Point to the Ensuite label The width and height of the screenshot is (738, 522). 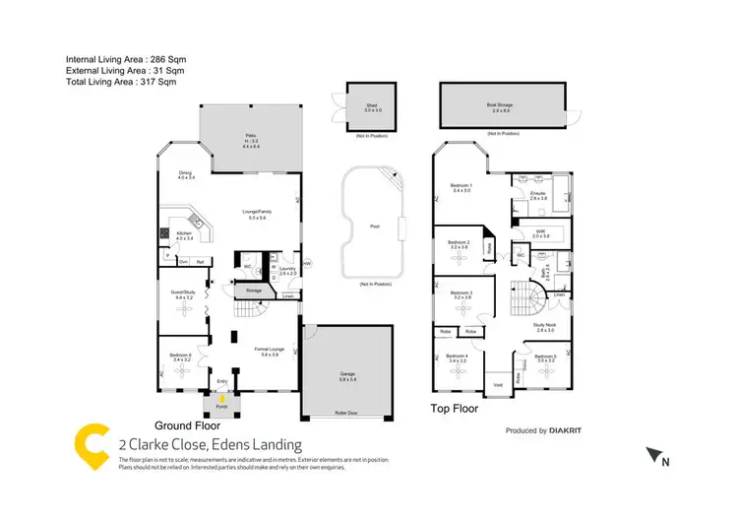coord(537,194)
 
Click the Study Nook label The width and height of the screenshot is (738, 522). coord(545,328)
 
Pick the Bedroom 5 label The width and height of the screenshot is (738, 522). coord(546,357)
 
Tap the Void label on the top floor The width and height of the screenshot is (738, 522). coord(498,384)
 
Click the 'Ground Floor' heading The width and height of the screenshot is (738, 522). coord(188,426)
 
